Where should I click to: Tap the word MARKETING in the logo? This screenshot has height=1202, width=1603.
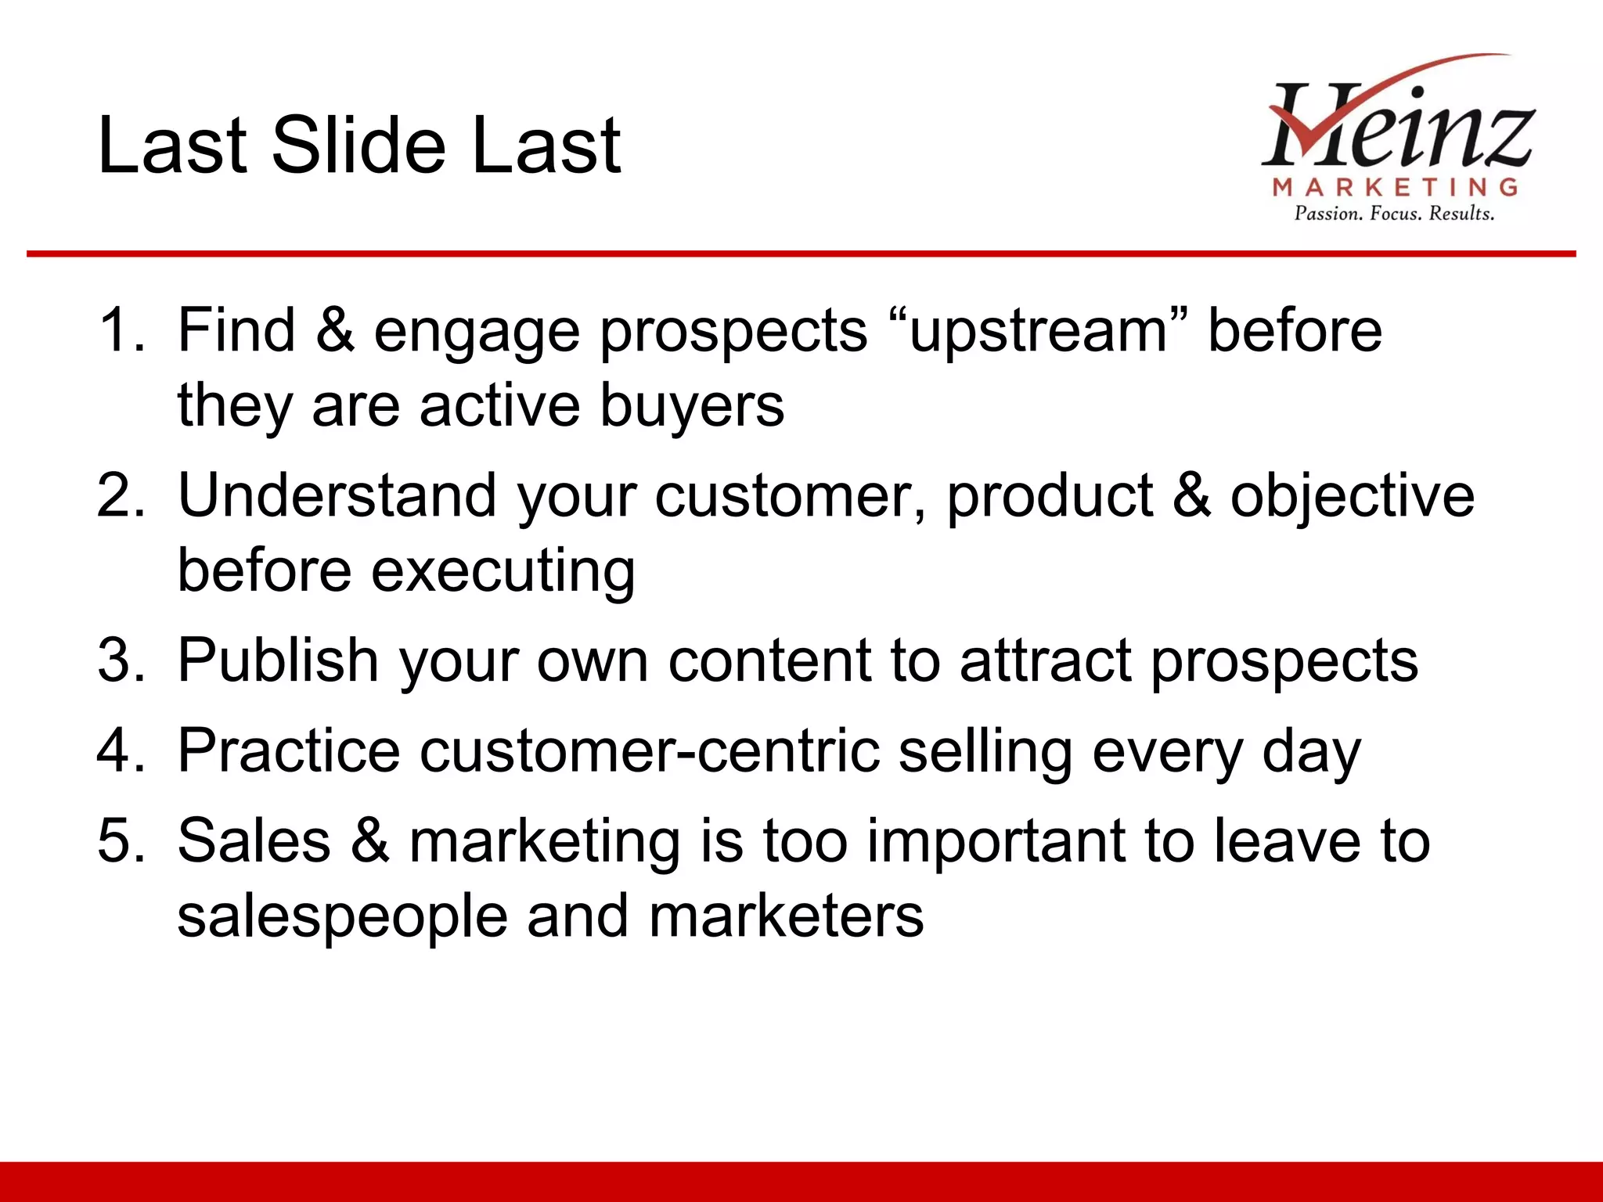click(1395, 187)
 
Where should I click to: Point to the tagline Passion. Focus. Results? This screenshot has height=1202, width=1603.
click(1394, 214)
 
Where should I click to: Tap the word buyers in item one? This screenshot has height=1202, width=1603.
click(692, 405)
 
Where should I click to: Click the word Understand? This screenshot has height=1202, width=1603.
click(337, 495)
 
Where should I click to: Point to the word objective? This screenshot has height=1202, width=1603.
click(1352, 495)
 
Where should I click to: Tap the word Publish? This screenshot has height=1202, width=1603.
click(279, 660)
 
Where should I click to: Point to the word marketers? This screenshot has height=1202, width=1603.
click(786, 916)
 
